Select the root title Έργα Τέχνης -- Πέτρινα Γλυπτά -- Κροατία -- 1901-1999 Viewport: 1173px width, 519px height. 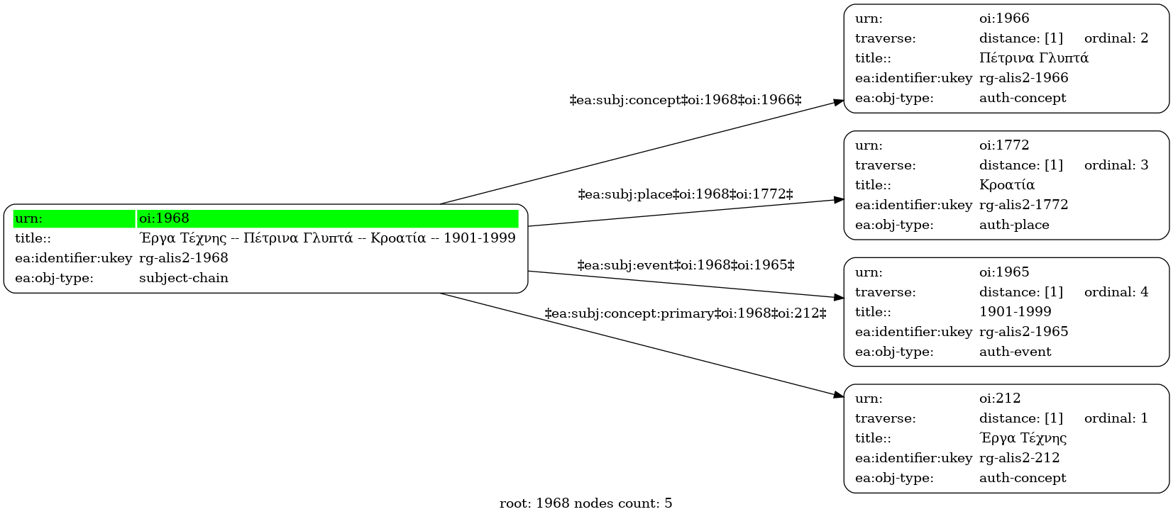(x=327, y=238)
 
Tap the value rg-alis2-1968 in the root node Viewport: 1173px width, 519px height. (x=183, y=258)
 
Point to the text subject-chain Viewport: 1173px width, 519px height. (x=183, y=278)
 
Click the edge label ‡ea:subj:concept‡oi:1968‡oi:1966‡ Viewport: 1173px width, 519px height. (x=685, y=100)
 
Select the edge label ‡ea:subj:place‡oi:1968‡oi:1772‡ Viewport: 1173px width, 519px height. (x=685, y=194)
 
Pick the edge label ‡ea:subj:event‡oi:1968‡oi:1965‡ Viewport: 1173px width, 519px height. (x=685, y=265)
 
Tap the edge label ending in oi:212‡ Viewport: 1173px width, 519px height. (x=685, y=313)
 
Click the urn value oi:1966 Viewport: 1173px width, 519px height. (x=1004, y=18)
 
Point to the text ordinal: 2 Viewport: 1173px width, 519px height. (x=1116, y=38)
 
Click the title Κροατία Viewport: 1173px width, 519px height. (x=1006, y=184)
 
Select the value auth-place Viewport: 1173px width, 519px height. (x=1014, y=225)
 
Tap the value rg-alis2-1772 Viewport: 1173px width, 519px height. (x=1023, y=205)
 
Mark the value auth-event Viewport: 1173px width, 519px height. (x=1015, y=352)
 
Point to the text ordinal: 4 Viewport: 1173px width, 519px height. (x=1116, y=292)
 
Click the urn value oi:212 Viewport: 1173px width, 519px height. (x=1000, y=398)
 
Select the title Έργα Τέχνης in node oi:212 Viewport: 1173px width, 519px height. (x=1023, y=437)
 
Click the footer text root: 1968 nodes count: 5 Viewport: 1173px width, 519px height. (x=585, y=503)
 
